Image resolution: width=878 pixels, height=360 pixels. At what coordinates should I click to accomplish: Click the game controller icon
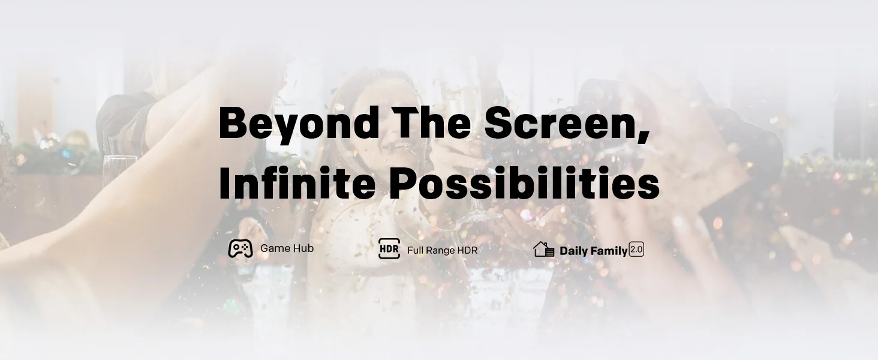240,248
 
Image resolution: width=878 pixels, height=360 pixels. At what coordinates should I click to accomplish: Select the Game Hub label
287,248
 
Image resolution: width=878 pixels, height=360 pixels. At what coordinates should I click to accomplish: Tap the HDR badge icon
389,248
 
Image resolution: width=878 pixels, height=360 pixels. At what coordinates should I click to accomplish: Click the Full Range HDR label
442,250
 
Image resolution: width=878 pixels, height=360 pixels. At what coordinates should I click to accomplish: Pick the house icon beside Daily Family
544,249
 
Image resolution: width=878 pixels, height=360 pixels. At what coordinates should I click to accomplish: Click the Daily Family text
594,251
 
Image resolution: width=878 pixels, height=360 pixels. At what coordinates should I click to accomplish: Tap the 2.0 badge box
636,250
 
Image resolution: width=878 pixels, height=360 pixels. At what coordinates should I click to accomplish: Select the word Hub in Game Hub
304,248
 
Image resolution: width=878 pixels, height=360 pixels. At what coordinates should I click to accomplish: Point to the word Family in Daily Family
609,251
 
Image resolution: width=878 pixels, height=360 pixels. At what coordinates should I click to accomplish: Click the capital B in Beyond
232,122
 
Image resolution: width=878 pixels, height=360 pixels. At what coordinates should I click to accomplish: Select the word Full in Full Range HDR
415,250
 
